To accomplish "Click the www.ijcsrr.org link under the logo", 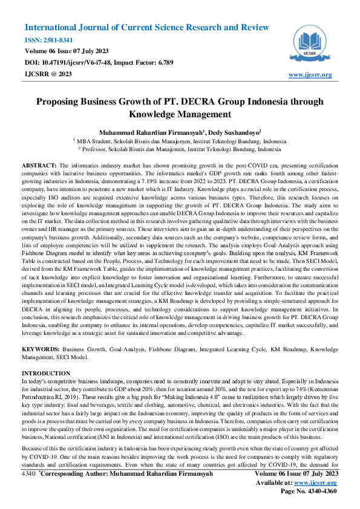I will click(x=310, y=74).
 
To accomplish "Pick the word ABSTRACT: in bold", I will click(x=39, y=165).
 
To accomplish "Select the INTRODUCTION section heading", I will click(x=46, y=374).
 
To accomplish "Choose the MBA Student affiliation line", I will click(x=180, y=140).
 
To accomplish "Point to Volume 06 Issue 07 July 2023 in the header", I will click(x=67, y=51).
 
